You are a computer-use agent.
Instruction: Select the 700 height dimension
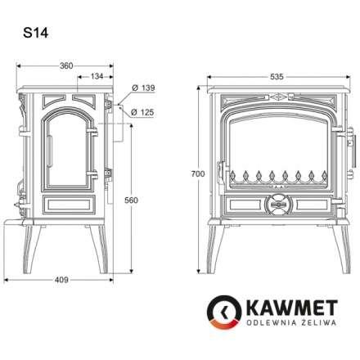point(195,174)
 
